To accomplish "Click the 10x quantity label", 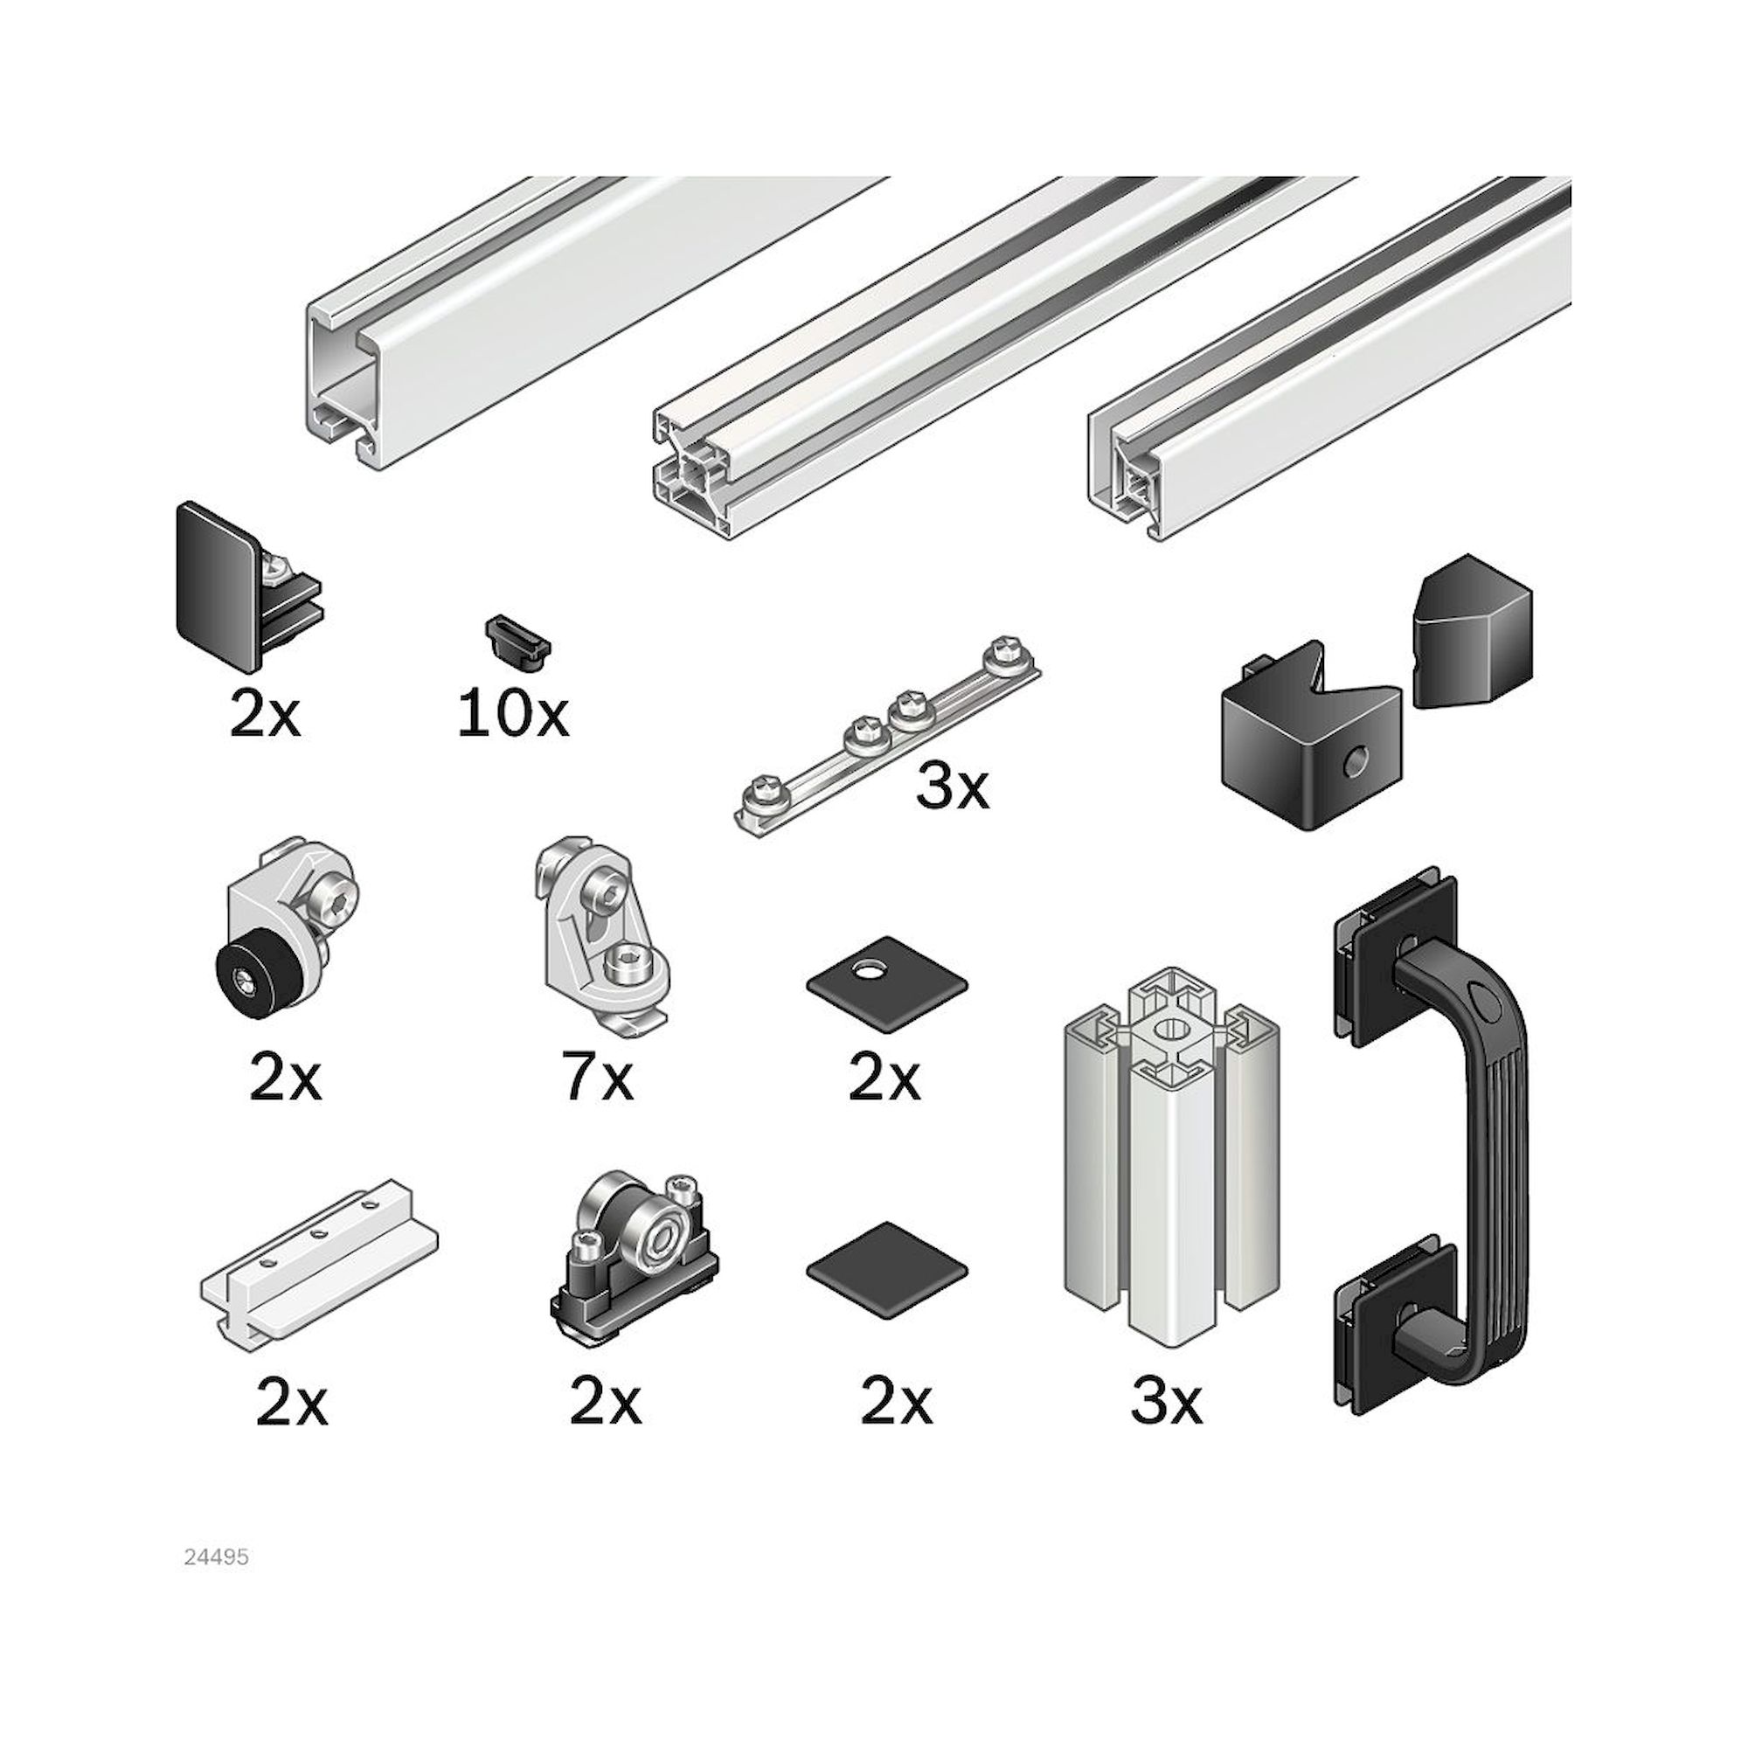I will click(513, 715).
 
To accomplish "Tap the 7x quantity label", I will click(597, 1079).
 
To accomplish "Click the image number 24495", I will click(216, 1557).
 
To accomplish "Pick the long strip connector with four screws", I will click(886, 735).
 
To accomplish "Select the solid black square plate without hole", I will click(886, 1265).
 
